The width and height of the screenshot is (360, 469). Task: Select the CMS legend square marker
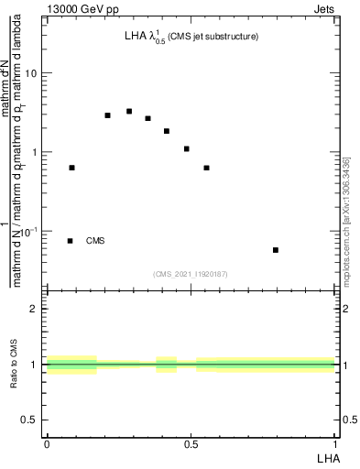[70, 241]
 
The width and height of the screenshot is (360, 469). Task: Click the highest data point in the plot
[129, 112]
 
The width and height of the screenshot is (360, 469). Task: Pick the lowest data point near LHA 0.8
[276, 250]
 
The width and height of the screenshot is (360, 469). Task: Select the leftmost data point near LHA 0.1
[71, 168]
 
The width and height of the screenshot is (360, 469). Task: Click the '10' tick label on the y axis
[32, 72]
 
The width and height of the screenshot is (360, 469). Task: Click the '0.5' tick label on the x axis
[191, 442]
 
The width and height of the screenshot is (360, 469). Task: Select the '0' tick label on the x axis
[46, 442]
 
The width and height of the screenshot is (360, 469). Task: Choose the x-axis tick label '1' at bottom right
[335, 442]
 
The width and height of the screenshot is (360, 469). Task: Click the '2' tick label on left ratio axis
[36, 309]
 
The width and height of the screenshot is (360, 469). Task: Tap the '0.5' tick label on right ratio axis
[348, 420]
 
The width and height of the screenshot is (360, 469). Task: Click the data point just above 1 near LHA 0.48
[186, 148]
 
